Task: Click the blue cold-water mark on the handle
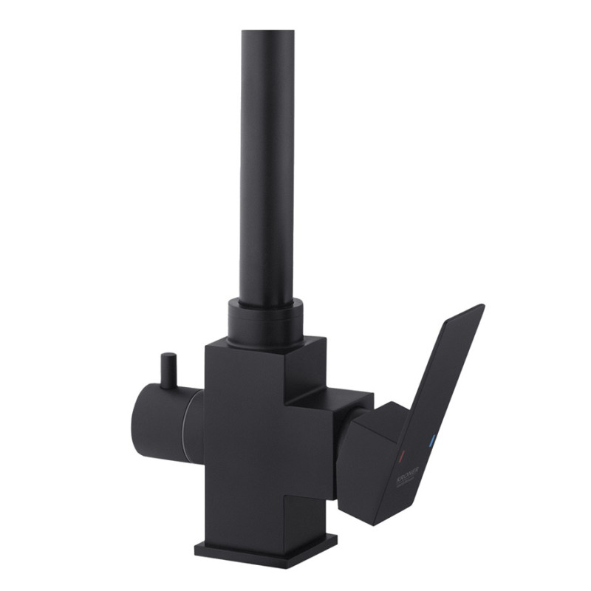pos(433,442)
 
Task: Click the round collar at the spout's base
pos(265,321)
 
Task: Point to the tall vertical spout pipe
pos(266,163)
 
